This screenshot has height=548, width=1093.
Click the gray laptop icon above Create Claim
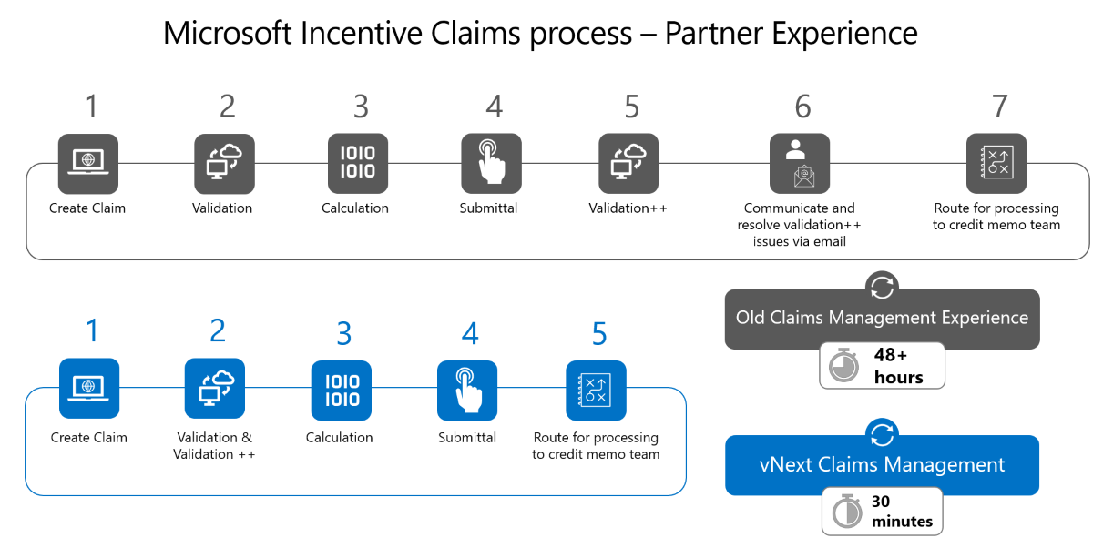pyautogui.click(x=88, y=164)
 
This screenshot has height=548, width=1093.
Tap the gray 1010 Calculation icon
pyautogui.click(x=357, y=164)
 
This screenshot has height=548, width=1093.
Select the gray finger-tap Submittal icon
pyautogui.click(x=491, y=164)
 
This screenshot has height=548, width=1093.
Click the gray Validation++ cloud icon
pyautogui.click(x=628, y=164)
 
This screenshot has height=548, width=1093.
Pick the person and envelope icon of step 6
pyautogui.click(x=800, y=164)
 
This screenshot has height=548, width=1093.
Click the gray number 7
pyautogui.click(x=999, y=107)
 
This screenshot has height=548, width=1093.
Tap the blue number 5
pyautogui.click(x=598, y=334)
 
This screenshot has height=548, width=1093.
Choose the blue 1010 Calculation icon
pyautogui.click(x=342, y=391)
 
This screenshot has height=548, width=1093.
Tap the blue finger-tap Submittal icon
pyautogui.click(x=467, y=391)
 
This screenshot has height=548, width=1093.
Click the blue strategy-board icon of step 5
pyautogui.click(x=596, y=391)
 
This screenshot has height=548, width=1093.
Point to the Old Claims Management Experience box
pyautogui.click(x=882, y=319)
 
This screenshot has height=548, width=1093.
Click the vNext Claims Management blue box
pyautogui.click(x=882, y=465)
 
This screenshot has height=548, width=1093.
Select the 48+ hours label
pyautogui.click(x=898, y=366)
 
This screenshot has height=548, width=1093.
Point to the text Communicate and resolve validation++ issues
pyautogui.click(x=799, y=225)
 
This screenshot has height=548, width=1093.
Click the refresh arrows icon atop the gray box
pyautogui.click(x=882, y=287)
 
